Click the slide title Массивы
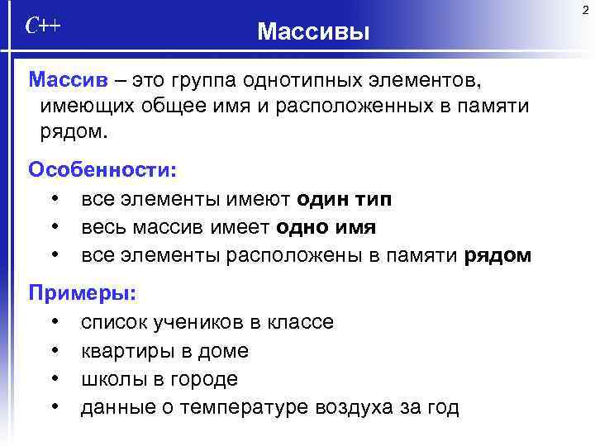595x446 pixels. [x=313, y=32]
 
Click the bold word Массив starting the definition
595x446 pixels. [x=68, y=80]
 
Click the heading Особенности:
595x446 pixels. [x=102, y=169]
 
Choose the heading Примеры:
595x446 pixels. [x=83, y=292]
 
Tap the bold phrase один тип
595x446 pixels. [x=345, y=199]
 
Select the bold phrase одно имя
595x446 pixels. [x=326, y=227]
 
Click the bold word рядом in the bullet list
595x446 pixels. [x=498, y=255]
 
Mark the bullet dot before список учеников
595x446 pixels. [x=54, y=322]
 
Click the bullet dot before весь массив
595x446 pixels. [x=54, y=227]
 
